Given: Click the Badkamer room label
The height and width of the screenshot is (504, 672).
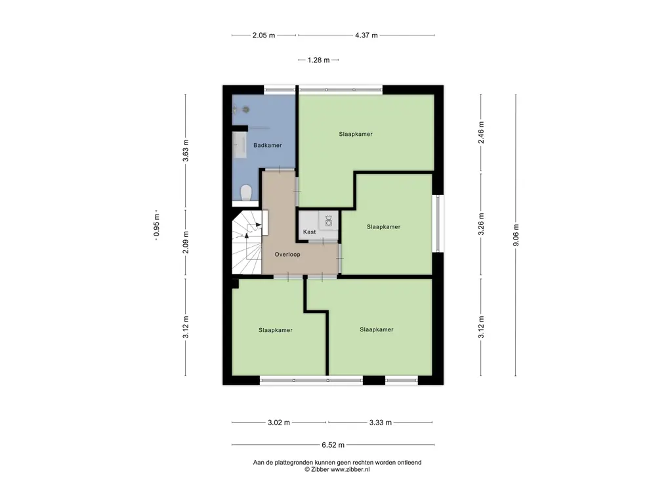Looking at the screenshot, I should click(x=267, y=145).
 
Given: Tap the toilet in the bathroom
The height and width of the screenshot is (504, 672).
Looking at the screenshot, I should click(x=246, y=192).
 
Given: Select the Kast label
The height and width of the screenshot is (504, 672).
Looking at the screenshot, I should click(x=309, y=232).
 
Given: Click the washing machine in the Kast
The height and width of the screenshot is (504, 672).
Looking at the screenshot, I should click(x=327, y=221).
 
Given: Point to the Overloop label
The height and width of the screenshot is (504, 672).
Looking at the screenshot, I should click(x=287, y=254).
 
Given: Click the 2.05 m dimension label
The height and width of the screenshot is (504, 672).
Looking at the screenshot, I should click(x=264, y=35).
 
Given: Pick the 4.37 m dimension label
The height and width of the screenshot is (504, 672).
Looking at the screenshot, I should click(x=366, y=35).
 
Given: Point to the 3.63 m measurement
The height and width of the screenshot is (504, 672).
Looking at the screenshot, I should click(x=186, y=151).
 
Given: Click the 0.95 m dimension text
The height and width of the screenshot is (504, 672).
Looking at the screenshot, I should click(x=156, y=227).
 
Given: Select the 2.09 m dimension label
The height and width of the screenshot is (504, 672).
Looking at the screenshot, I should click(x=186, y=242).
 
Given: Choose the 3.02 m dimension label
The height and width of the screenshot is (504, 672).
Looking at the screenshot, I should click(x=278, y=423).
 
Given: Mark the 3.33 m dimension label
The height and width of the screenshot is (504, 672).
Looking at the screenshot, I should click(x=380, y=423).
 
